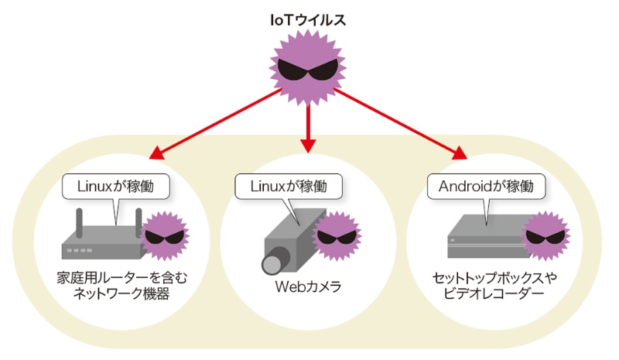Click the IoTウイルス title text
308,19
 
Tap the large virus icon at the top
308,70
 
